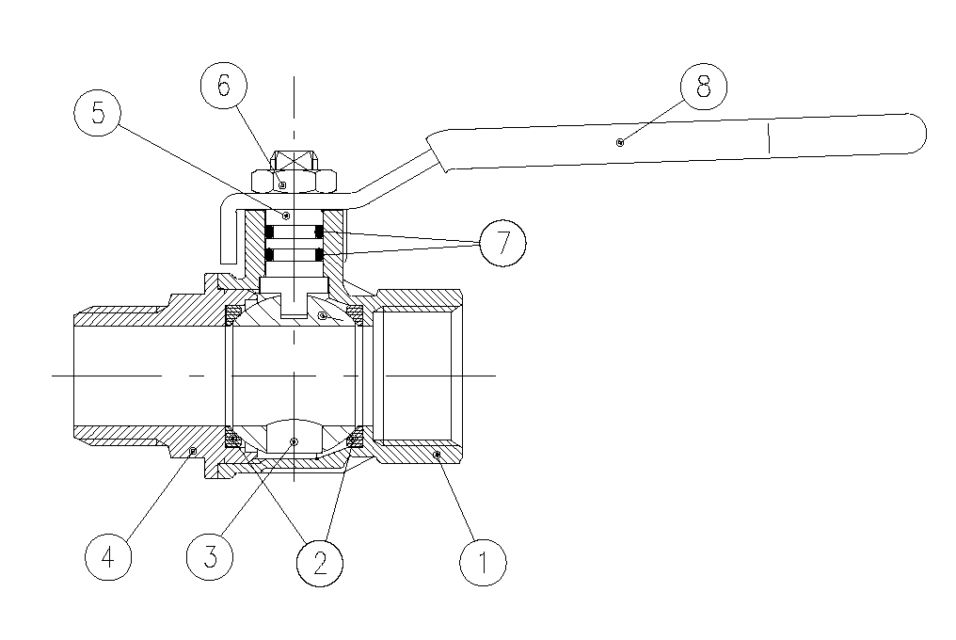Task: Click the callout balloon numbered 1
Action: tap(483, 562)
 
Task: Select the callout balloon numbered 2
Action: tap(320, 563)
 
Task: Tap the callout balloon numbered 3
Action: tap(210, 556)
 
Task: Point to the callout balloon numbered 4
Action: tap(108, 556)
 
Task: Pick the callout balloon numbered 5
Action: tap(98, 113)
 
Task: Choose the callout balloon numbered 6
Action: tap(224, 86)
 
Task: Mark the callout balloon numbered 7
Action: tap(503, 243)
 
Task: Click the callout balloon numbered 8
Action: tap(704, 86)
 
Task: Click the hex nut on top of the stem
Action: tap(294, 181)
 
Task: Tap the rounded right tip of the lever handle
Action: tap(919, 133)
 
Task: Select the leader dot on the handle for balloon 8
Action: tap(620, 143)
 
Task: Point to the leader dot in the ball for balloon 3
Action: tap(294, 441)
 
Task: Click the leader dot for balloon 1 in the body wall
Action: tap(437, 455)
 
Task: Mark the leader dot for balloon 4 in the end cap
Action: tap(193, 451)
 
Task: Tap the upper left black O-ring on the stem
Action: tap(269, 232)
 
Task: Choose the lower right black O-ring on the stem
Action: tap(319, 254)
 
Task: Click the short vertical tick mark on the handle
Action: tap(769, 138)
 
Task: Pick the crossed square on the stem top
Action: tap(294, 160)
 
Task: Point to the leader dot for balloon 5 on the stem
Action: tap(286, 215)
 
